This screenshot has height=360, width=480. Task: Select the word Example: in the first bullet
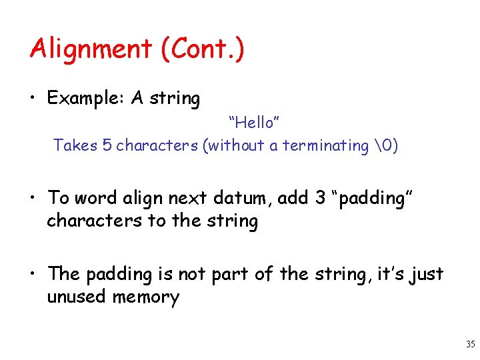click(85, 99)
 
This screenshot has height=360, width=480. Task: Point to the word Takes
click(71, 145)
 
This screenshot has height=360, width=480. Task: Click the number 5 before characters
click(107, 145)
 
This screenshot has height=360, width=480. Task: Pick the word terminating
click(325, 145)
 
